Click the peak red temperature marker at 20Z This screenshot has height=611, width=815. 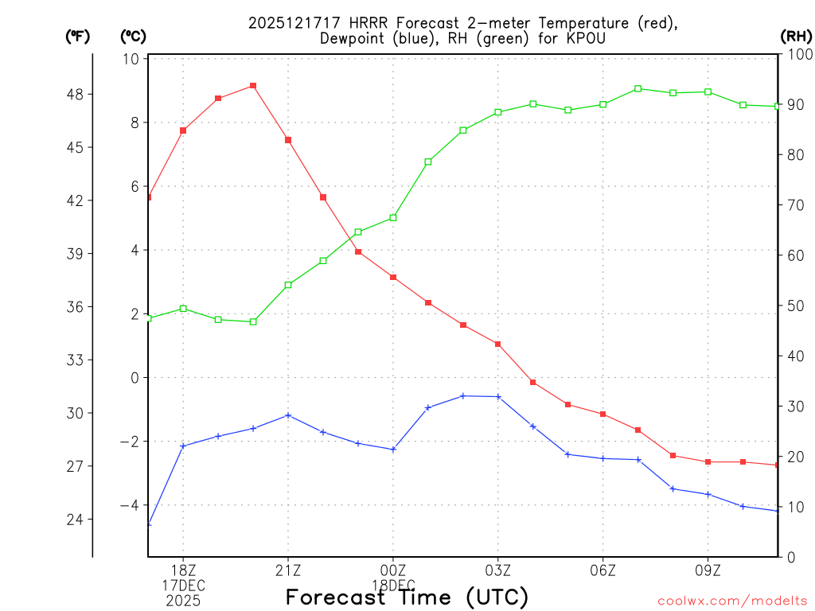click(x=253, y=85)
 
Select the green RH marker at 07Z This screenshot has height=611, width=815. click(x=638, y=88)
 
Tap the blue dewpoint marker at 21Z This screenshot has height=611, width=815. click(x=288, y=415)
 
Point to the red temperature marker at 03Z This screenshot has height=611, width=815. click(x=498, y=344)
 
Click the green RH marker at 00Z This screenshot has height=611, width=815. click(x=393, y=217)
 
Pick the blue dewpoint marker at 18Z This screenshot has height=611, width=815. click(x=183, y=446)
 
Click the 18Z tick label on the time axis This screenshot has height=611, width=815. click(x=183, y=570)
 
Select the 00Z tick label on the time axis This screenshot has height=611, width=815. click(x=393, y=570)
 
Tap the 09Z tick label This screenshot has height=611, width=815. click(x=708, y=570)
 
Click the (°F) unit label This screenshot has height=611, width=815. click(x=78, y=36)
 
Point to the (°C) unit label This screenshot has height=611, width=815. click(x=133, y=36)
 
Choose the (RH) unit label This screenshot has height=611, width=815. click(x=796, y=36)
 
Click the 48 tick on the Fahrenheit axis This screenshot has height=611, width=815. click(x=78, y=94)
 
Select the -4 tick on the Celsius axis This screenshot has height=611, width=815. click(x=130, y=505)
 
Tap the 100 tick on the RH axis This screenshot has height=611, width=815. click(x=798, y=54)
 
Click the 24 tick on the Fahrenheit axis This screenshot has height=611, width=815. click(x=78, y=519)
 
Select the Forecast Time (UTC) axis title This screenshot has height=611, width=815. click(x=407, y=597)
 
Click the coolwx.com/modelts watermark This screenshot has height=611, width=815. click(x=732, y=601)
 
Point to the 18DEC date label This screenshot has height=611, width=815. click(x=393, y=586)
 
